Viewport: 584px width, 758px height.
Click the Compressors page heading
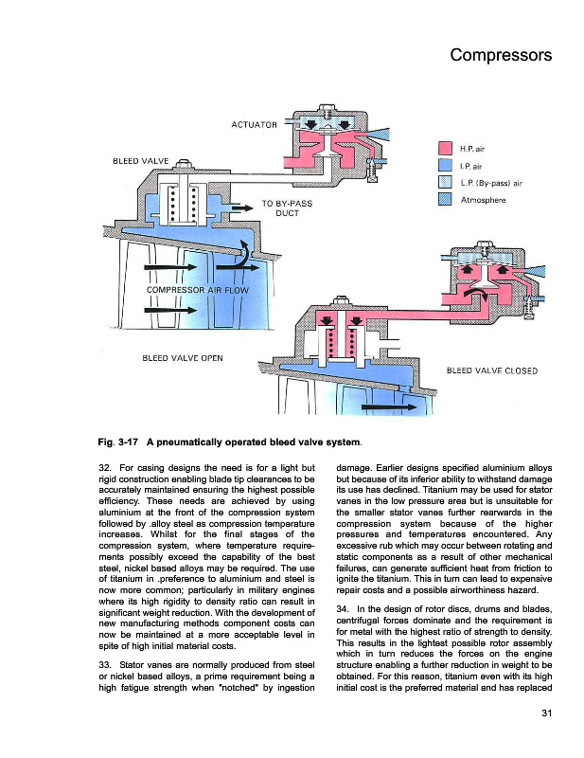click(501, 55)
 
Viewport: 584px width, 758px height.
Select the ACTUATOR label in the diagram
click(254, 125)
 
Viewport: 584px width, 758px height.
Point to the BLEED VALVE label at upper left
click(140, 160)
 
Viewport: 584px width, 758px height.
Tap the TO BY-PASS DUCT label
click(287, 208)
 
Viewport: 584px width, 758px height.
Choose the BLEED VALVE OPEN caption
click(182, 358)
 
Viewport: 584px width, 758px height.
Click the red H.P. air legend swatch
click(445, 149)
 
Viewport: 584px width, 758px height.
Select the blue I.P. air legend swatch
click(445, 166)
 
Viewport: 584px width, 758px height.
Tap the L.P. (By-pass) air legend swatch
click(445, 183)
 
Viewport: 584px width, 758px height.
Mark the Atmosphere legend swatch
click(445, 200)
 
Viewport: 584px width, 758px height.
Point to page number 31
click(545, 713)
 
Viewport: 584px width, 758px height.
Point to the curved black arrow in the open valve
click(244, 254)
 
